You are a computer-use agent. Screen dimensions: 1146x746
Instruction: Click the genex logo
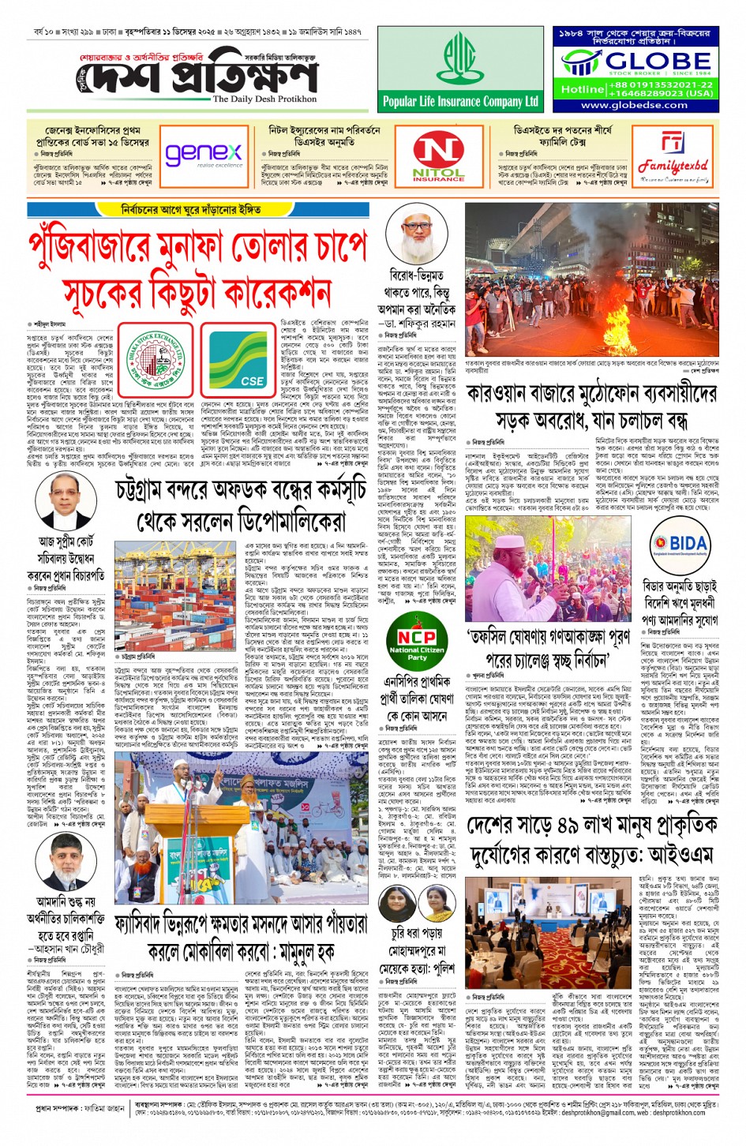203,153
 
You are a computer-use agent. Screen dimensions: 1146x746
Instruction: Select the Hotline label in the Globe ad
582,89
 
